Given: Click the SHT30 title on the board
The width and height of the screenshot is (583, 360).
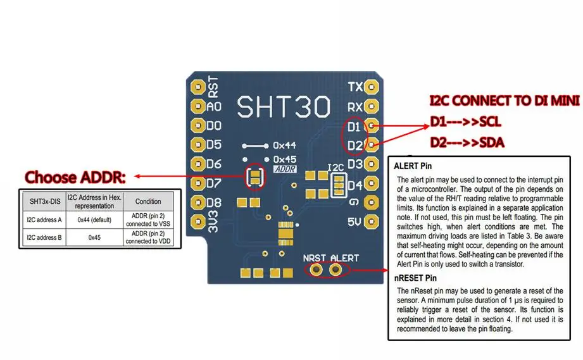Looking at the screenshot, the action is click(x=284, y=107).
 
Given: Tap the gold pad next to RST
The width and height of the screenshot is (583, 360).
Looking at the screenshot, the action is click(x=197, y=87).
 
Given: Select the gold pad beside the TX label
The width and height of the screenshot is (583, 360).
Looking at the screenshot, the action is click(x=372, y=87).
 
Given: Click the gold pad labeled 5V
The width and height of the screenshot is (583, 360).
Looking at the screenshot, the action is click(x=372, y=222).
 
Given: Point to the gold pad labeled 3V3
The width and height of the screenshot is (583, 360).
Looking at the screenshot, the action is click(x=197, y=222).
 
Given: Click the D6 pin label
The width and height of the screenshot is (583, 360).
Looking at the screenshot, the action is click(x=214, y=164).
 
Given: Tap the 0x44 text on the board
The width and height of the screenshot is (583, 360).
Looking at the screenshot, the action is click(x=285, y=146).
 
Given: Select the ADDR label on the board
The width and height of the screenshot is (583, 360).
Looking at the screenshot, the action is click(x=285, y=170).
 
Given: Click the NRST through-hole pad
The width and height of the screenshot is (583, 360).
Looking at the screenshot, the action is click(x=317, y=269).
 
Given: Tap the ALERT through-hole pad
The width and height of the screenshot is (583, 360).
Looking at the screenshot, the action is click(x=335, y=269).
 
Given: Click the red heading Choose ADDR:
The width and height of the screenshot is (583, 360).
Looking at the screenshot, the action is click(x=75, y=177).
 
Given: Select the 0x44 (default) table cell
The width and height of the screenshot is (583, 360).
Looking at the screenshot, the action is click(x=94, y=220).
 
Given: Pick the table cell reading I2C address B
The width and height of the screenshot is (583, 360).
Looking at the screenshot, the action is click(x=44, y=237).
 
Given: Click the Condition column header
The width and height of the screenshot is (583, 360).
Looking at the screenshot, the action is click(x=148, y=201).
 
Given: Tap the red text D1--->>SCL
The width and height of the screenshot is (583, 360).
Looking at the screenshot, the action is click(x=465, y=122).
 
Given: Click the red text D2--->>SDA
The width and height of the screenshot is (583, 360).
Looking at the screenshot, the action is click(x=467, y=142).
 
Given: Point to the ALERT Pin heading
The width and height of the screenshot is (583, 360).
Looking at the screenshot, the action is click(x=413, y=166).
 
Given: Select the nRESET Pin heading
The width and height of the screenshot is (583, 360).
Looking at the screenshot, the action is click(x=415, y=278).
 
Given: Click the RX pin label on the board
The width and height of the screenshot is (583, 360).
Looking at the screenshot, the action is click(x=355, y=108).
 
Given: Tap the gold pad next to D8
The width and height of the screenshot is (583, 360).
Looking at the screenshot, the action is click(x=197, y=202).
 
